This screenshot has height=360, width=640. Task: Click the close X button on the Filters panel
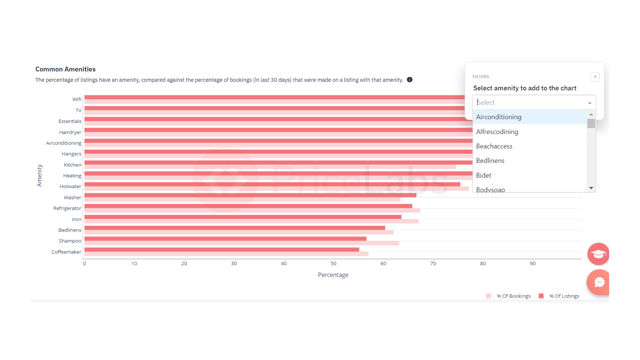tap(595, 76)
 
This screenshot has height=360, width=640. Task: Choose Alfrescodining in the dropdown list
tap(497, 132)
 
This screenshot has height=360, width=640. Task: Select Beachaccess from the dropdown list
tap(494, 146)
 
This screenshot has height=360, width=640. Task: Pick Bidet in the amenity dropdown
tap(484, 176)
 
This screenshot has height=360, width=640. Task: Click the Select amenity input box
tap(534, 102)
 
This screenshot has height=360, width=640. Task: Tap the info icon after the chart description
tap(410, 80)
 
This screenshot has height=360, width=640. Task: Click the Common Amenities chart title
tap(66, 69)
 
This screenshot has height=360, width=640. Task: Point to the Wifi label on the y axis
tap(77, 99)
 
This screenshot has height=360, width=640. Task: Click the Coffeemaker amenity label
tap(66, 252)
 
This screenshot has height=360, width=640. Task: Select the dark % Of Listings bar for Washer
tap(250, 196)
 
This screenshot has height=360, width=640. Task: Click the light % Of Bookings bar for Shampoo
tap(242, 243)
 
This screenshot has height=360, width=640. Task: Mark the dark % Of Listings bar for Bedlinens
tap(234, 228)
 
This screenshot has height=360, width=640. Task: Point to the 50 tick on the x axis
tap(334, 264)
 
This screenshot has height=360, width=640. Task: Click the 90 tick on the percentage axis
tap(532, 264)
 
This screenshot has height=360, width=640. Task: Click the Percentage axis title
tap(333, 275)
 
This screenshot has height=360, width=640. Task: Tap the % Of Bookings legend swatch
tap(488, 296)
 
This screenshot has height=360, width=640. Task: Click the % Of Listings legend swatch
tap(541, 296)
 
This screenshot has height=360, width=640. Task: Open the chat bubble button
tap(599, 282)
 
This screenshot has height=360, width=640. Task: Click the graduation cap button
tap(598, 254)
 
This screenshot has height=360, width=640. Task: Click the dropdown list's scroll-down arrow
tap(591, 188)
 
